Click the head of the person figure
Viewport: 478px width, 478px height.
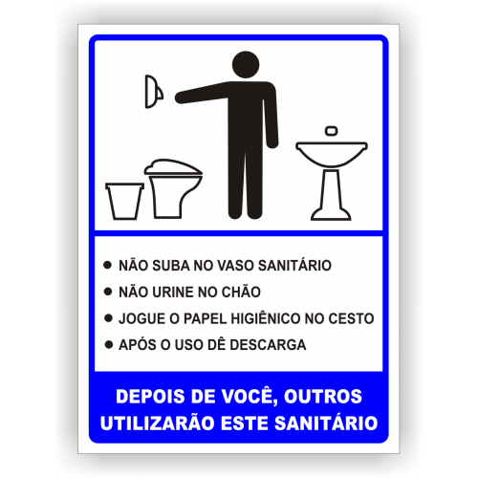click(246, 65)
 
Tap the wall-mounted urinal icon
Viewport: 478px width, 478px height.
click(154, 92)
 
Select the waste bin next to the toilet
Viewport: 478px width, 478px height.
click(124, 201)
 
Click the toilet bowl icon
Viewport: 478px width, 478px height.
click(173, 188)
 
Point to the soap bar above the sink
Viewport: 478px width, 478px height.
click(332, 131)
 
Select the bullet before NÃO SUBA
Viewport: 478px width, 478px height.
click(108, 265)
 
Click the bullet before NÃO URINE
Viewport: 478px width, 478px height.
click(108, 292)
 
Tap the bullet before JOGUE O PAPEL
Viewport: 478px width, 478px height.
click(108, 317)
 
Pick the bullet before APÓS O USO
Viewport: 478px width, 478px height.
click(109, 344)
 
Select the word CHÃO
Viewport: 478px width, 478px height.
click(241, 292)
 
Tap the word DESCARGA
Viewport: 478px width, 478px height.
click(268, 344)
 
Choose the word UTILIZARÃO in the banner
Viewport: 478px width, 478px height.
click(157, 423)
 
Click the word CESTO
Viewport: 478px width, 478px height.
click(351, 318)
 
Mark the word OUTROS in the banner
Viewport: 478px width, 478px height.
click(323, 397)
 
